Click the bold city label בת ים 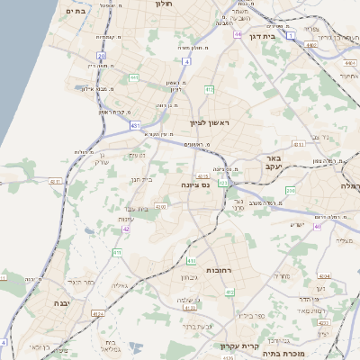tap(74, 11)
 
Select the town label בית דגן tap(259, 37)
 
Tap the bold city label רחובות tap(195, 270)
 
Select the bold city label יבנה tap(65, 303)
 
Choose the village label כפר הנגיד tap(80, 281)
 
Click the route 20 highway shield tap(102, 56)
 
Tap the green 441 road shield tap(134, 77)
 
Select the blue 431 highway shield tap(135, 126)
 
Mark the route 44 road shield tap(238, 34)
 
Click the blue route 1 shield tap(291, 35)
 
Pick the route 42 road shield tap(126, 229)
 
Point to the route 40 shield tap(317, 226)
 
